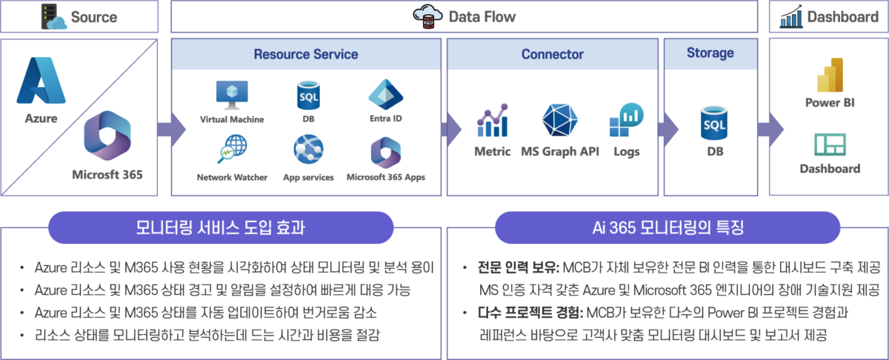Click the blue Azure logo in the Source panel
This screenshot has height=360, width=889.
(x=41, y=80)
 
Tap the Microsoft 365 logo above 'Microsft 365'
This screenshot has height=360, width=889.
(x=107, y=136)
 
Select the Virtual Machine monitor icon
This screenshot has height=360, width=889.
(x=232, y=96)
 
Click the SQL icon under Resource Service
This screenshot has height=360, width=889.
(x=308, y=96)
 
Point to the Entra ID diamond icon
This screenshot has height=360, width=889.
(x=385, y=95)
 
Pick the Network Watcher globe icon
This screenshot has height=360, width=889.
(x=232, y=149)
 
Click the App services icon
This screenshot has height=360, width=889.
(x=308, y=149)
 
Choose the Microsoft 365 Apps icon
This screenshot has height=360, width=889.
(x=385, y=153)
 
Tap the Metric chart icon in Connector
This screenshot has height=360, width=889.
(x=493, y=120)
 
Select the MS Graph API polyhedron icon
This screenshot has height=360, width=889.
(x=559, y=120)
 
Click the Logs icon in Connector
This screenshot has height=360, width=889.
(x=626, y=119)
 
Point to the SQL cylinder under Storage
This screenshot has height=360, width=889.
(x=714, y=123)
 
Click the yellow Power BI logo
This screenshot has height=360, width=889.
(x=830, y=75)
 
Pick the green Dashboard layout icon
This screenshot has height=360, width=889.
(x=830, y=144)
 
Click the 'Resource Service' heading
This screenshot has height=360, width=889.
(x=306, y=54)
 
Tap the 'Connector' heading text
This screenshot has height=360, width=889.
(x=553, y=54)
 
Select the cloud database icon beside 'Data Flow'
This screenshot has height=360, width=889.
(x=427, y=16)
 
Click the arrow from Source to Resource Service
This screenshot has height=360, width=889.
(x=171, y=129)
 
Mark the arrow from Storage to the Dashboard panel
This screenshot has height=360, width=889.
(x=770, y=129)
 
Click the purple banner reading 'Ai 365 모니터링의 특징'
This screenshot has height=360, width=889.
(x=667, y=227)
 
